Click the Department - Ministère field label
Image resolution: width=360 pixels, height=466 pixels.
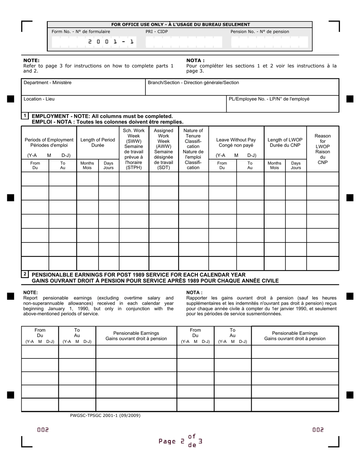point(47,83)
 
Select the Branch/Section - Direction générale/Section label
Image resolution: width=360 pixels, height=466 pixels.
point(193,83)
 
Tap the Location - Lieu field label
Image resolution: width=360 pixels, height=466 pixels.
point(39,99)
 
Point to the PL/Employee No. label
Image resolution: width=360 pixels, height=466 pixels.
point(269,99)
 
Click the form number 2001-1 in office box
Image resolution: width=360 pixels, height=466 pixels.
point(111,42)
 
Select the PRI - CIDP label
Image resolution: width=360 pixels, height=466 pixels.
point(157,32)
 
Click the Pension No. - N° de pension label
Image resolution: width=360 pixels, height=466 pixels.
point(260,32)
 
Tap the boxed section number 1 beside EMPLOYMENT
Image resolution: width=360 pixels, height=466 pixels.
point(25,116)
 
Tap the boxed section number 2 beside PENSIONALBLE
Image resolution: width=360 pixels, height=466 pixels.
point(25,274)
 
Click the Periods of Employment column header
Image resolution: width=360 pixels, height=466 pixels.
point(49,142)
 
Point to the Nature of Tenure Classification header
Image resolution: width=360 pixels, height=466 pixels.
point(193,149)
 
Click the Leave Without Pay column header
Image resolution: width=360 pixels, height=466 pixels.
point(236,142)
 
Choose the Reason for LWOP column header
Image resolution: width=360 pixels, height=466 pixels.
point(322,149)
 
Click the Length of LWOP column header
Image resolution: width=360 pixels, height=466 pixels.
point(285,142)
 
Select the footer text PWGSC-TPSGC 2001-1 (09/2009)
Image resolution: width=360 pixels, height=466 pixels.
point(105,415)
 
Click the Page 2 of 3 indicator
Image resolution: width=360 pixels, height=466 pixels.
point(180,441)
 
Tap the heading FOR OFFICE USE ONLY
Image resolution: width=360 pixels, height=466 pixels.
point(180,25)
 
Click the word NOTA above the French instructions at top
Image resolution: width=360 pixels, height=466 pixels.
point(195,60)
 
